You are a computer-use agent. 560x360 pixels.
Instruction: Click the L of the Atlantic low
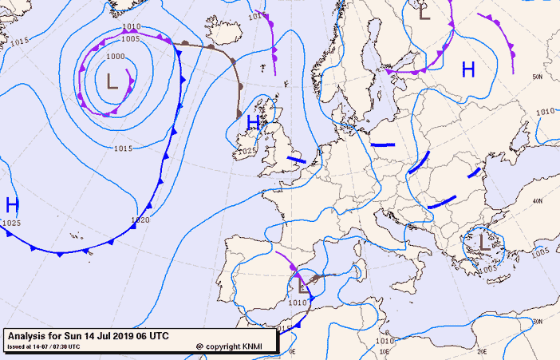[112, 80]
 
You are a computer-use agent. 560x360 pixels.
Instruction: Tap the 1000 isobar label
[116, 57]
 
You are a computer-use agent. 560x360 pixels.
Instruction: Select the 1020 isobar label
[140, 220]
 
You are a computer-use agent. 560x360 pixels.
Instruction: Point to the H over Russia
[468, 70]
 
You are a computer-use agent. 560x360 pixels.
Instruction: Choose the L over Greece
[484, 242]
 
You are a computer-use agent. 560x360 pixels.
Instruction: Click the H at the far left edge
[12, 205]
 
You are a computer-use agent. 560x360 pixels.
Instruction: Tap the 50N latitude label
[538, 77]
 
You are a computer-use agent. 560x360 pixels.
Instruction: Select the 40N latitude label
[538, 201]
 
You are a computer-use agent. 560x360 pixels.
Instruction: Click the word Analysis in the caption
[30, 335]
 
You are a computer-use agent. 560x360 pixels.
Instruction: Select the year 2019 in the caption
[120, 335]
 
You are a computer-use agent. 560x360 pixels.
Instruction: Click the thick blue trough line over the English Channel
[297, 160]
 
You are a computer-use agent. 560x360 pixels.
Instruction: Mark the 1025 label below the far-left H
[12, 223]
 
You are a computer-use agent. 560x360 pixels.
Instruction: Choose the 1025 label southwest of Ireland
[246, 151]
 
